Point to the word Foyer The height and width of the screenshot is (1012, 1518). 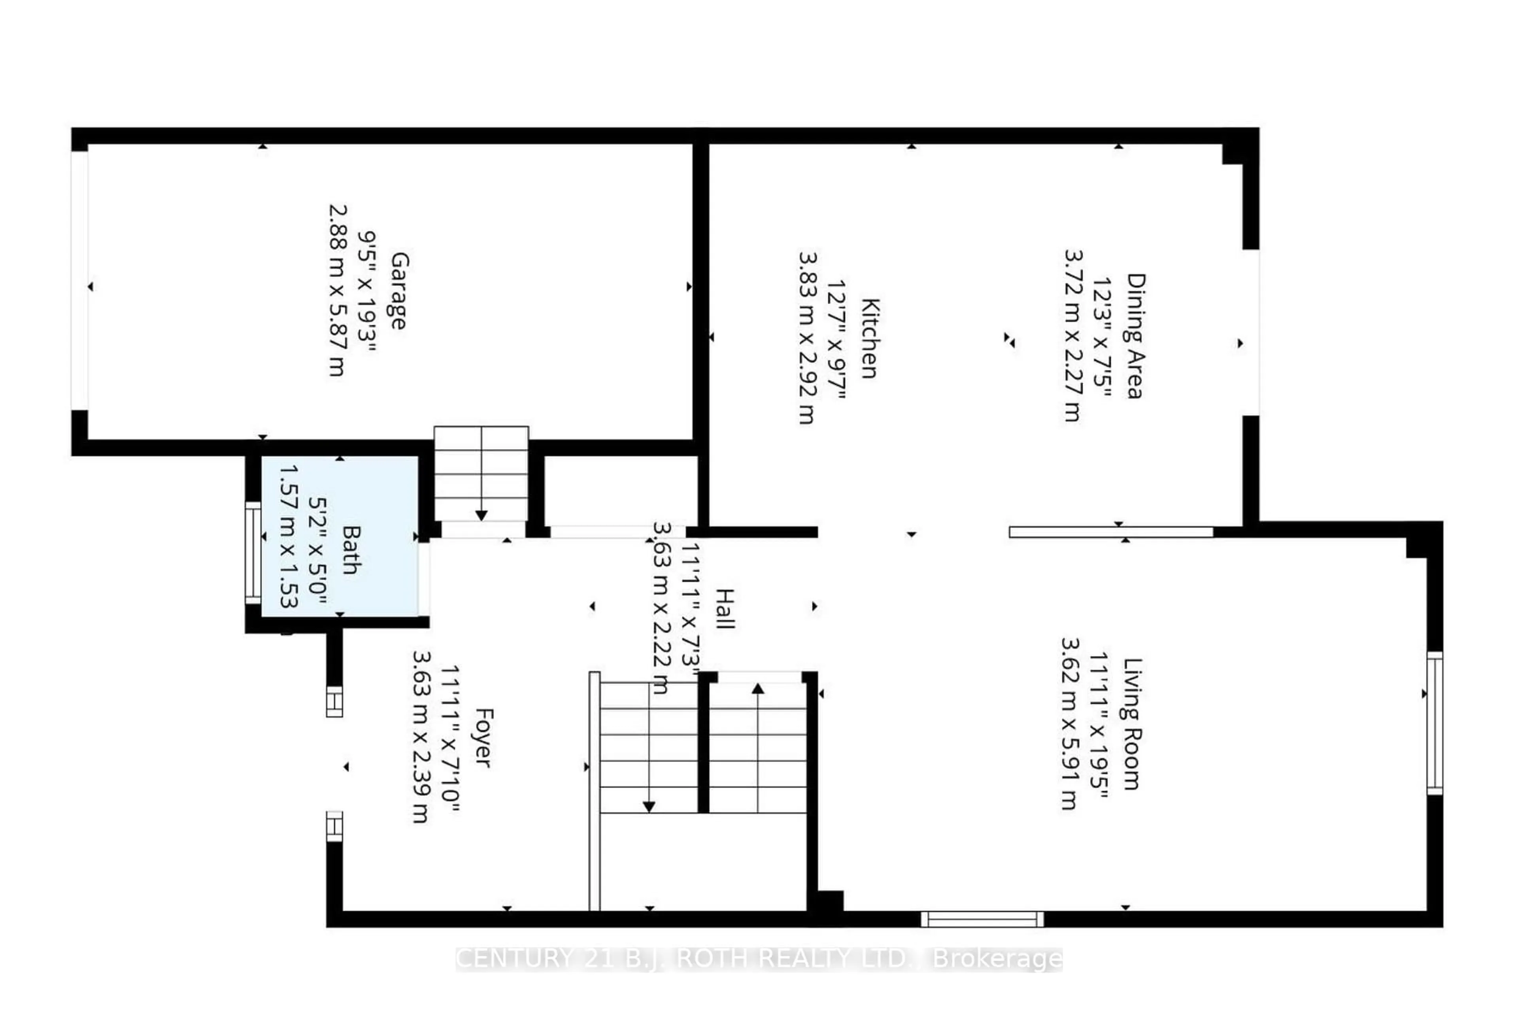click(x=483, y=738)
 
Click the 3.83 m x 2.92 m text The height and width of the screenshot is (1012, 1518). click(x=807, y=338)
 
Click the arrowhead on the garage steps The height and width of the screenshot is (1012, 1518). click(x=481, y=515)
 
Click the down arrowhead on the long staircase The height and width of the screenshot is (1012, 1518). click(x=649, y=807)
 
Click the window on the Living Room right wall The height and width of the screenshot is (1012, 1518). click(x=1434, y=723)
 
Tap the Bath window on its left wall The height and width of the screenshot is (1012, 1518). click(x=253, y=553)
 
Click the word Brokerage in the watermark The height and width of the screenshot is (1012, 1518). click(x=997, y=959)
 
